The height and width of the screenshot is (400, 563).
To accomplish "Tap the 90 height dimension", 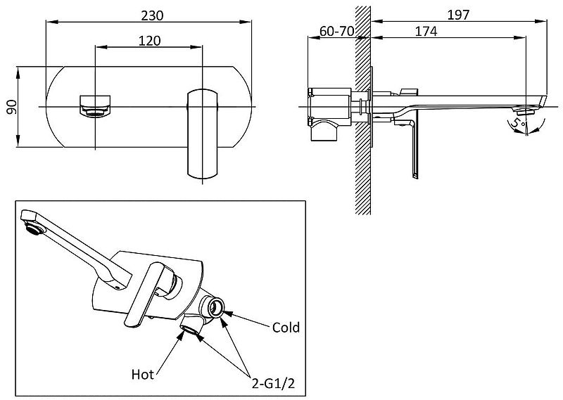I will pos(11,107).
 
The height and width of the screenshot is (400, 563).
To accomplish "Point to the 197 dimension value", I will pos(458,14).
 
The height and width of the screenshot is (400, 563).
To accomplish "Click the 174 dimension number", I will pos(426,32).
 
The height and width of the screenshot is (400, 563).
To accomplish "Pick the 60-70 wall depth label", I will pos(336,32).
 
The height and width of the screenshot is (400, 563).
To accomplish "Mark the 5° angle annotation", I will pos(519,124).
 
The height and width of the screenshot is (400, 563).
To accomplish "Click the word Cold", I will pos(286,328).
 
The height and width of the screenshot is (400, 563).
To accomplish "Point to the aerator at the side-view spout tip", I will pos(523,110).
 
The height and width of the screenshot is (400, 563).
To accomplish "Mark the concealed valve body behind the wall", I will pos(331,109).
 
